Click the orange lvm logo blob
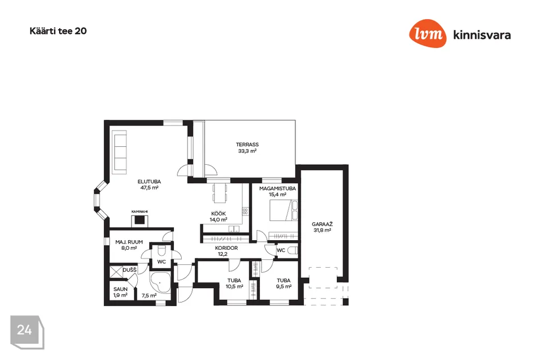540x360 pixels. point(427,33)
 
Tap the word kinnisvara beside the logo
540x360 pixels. point(482,35)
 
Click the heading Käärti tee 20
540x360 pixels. point(58,31)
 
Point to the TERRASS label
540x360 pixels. point(247,145)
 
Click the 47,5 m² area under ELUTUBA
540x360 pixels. point(149,188)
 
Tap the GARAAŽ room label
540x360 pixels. point(322,224)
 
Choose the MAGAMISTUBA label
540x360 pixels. point(277,188)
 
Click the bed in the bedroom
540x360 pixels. point(283,210)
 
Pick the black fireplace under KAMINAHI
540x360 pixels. point(140,220)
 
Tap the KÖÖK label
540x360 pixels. point(219,214)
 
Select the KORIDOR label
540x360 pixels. point(226,248)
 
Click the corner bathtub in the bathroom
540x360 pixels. point(160,283)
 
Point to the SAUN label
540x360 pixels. point(120,289)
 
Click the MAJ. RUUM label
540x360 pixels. point(129,242)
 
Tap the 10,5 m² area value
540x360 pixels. point(235,287)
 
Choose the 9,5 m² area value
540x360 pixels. point(283,287)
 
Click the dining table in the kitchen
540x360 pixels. point(220,192)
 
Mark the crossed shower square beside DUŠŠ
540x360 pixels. point(116,272)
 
